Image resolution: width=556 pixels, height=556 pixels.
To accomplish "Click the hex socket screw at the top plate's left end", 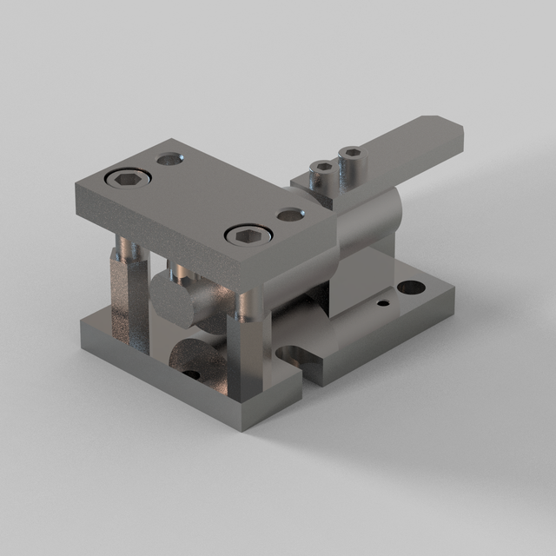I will [127, 178].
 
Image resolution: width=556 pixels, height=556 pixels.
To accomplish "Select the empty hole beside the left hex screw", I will [169, 160].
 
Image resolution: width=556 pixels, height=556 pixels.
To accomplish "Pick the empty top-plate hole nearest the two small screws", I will [289, 214].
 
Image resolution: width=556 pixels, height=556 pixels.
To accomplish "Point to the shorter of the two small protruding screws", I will [322, 174].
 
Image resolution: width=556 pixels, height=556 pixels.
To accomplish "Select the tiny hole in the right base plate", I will [381, 304].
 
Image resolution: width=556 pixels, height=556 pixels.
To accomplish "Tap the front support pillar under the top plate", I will [244, 347].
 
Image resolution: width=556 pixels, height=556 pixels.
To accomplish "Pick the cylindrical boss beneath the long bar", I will [368, 223].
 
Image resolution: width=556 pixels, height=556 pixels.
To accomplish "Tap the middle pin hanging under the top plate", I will [180, 273].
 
